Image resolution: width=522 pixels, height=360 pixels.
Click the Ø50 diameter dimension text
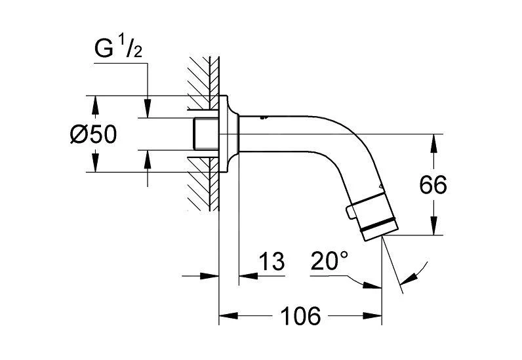pos(93,136)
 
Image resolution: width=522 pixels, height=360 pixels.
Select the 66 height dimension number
pos(433,185)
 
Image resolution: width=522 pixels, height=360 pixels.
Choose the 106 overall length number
pos(302,317)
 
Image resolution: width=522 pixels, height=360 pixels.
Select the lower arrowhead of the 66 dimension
pos(433,230)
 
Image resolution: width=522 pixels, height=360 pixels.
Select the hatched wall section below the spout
pos(202,190)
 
